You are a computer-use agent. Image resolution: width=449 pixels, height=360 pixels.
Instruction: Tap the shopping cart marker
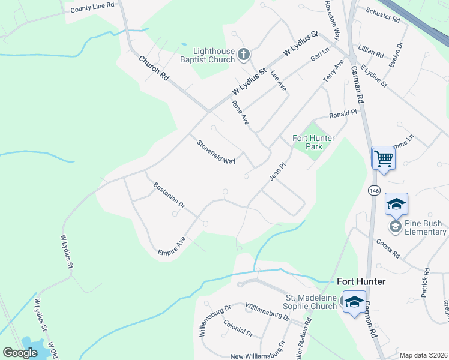point(383,159)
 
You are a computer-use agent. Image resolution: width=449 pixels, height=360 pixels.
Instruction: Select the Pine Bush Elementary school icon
point(396,226)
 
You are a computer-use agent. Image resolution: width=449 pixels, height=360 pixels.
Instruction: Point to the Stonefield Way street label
point(216,152)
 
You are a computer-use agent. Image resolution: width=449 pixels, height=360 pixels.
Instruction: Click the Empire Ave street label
point(172,246)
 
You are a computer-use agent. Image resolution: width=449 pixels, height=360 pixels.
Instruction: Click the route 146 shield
point(374,190)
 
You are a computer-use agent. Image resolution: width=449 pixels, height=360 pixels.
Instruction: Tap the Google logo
point(20,353)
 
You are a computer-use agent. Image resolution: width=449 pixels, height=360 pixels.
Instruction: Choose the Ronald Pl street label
point(343,113)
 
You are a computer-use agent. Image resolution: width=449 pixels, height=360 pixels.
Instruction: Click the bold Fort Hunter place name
point(360,281)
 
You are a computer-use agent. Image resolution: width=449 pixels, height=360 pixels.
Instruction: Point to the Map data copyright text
point(423,355)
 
